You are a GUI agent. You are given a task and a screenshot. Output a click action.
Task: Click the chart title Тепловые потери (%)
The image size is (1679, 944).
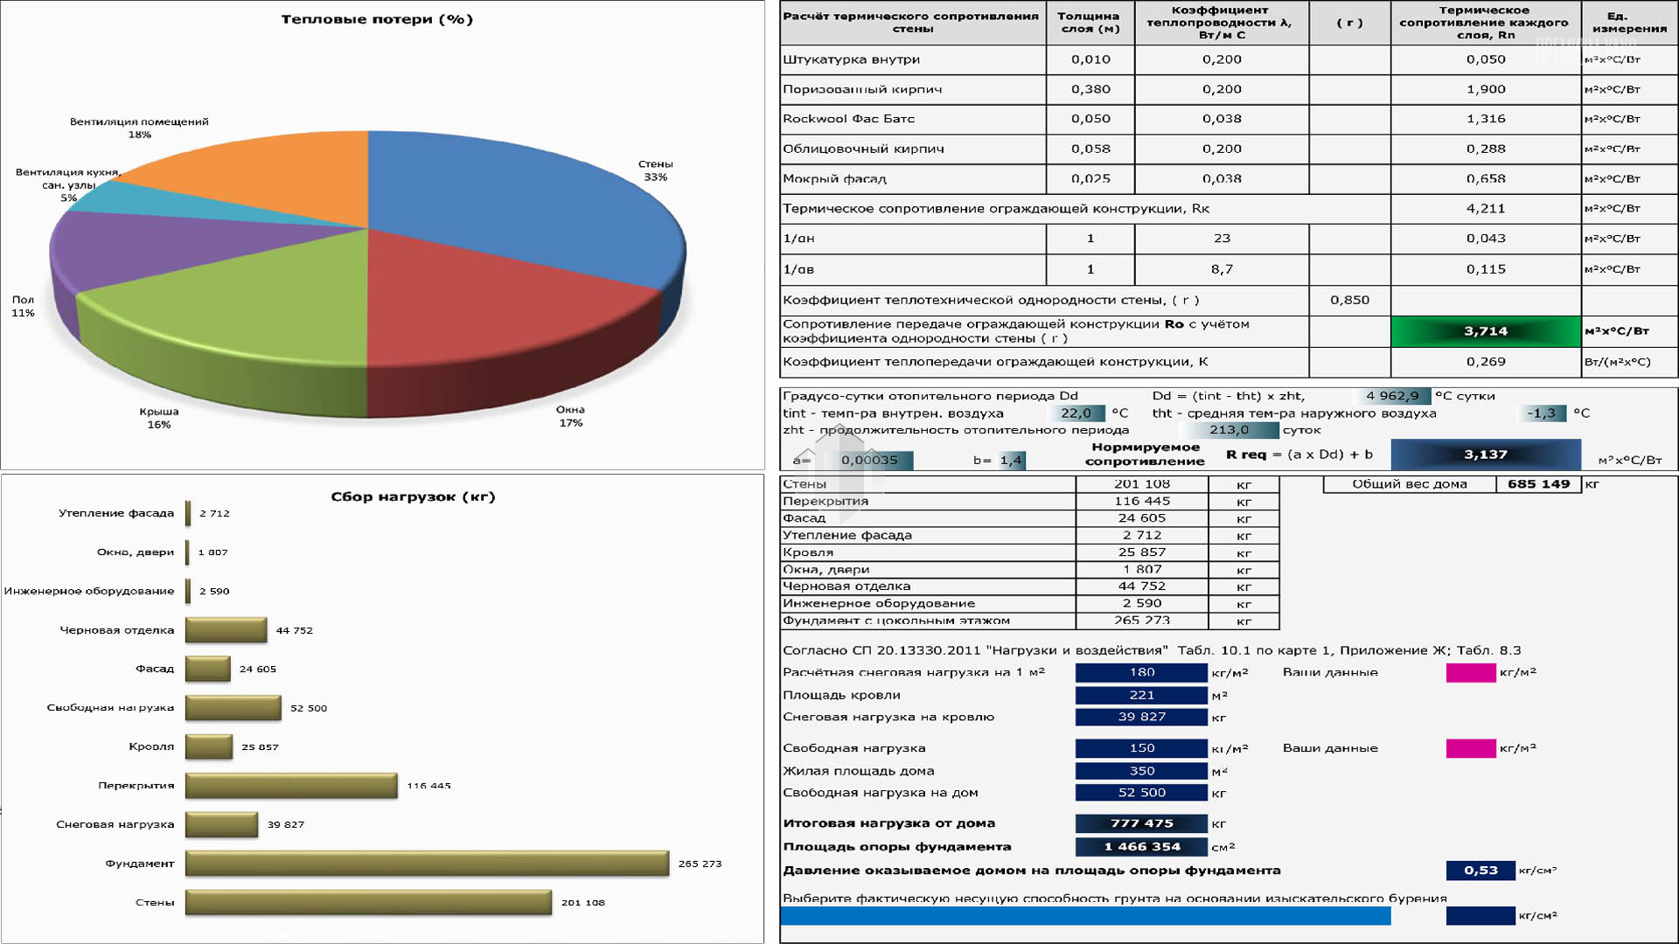pyautogui.click(x=377, y=19)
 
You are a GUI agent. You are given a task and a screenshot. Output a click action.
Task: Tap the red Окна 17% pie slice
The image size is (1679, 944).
pyautogui.click(x=490, y=323)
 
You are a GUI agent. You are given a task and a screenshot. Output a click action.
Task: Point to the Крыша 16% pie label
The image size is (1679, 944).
pyautogui.click(x=159, y=418)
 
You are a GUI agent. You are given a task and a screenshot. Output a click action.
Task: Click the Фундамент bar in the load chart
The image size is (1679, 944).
pyautogui.click(x=427, y=864)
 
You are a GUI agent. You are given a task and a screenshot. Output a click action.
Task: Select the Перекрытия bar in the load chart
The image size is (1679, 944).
pyautogui.click(x=291, y=786)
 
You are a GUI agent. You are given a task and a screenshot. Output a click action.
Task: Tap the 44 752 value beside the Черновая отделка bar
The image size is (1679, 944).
pyautogui.click(x=294, y=630)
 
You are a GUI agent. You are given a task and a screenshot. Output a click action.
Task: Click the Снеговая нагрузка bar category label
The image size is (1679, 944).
pyautogui.click(x=115, y=824)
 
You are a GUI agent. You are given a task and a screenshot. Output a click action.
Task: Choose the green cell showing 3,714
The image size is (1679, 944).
pyautogui.click(x=1486, y=331)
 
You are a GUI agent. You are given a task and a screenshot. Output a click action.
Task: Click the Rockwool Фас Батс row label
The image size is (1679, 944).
pyautogui.click(x=848, y=119)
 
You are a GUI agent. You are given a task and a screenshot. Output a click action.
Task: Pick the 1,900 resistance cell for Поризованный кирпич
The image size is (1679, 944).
pyautogui.click(x=1486, y=89)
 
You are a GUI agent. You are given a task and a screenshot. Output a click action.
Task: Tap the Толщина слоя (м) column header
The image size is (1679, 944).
pyautogui.click(x=1090, y=22)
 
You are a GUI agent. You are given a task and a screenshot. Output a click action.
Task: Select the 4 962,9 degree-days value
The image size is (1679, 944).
pyautogui.click(x=1392, y=396)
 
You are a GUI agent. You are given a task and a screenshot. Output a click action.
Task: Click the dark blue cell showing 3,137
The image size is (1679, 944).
pyautogui.click(x=1486, y=455)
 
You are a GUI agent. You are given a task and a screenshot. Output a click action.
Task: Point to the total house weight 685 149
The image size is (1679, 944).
pyautogui.click(x=1538, y=484)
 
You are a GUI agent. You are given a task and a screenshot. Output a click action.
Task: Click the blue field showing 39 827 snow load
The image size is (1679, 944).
pyautogui.click(x=1141, y=717)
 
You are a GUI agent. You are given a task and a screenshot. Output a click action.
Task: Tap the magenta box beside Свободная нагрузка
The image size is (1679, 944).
pyautogui.click(x=1471, y=748)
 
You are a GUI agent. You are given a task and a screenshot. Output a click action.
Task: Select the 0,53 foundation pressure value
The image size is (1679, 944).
pyautogui.click(x=1480, y=871)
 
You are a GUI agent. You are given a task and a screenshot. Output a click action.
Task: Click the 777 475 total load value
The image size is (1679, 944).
pyautogui.click(x=1141, y=823)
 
